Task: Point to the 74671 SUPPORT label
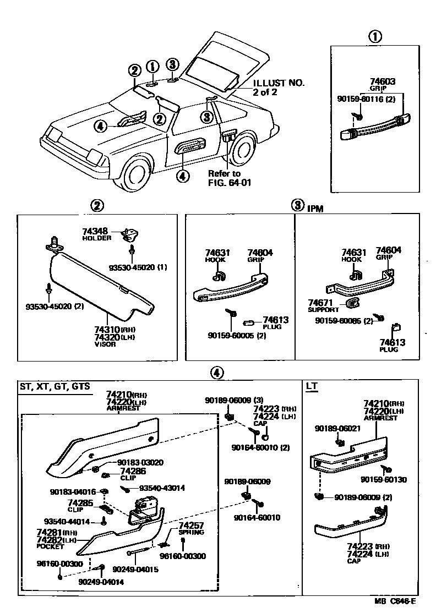324,306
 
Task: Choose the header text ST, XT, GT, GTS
54,386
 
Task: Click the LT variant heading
312,386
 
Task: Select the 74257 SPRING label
191,529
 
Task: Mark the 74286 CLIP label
133,472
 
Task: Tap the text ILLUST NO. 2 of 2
279,87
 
